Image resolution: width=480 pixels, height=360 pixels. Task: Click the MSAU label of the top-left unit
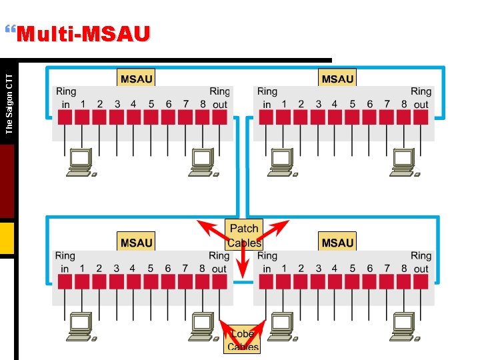(136, 79)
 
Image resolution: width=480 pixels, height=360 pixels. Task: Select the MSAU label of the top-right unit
(337, 79)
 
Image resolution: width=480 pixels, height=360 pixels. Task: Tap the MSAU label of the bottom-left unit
(136, 243)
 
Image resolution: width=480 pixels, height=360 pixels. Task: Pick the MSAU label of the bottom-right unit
(337, 243)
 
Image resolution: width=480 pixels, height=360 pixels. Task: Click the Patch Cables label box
(243, 235)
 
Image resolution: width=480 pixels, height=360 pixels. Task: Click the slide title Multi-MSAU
(83, 34)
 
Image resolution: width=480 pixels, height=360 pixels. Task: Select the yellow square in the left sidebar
(7, 239)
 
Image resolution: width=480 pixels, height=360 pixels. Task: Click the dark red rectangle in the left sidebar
(7, 181)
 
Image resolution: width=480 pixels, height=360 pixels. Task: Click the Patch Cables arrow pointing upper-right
(277, 228)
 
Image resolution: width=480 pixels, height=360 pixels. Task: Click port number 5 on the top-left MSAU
(151, 104)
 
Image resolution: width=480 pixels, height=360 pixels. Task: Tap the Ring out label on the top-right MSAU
(421, 97)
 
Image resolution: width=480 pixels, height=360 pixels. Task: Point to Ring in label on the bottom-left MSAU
(65, 262)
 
